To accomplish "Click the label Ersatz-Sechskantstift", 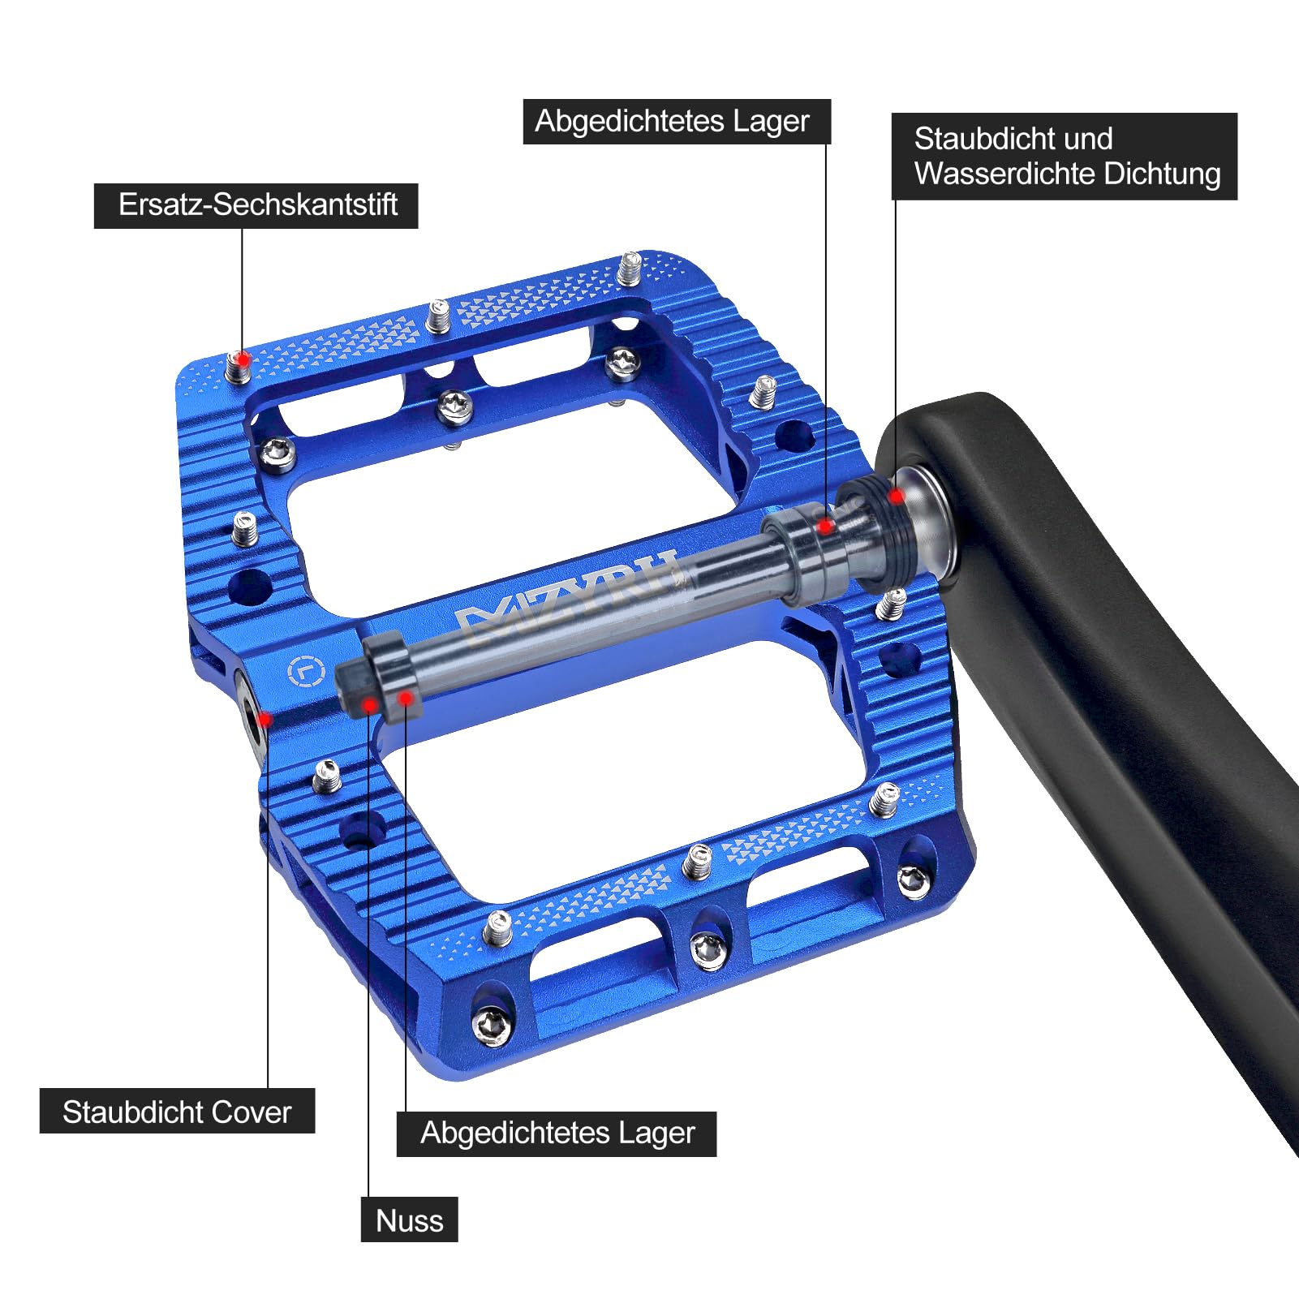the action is [256, 205].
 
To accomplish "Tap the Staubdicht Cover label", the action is [177, 1112].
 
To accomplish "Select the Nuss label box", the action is [409, 1219].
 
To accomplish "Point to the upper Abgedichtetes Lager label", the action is [677, 122].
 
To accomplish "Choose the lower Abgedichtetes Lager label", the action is [557, 1133].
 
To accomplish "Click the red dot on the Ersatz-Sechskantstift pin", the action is [242, 358].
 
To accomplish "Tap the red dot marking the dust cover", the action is [265, 719].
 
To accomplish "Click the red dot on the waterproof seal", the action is [896, 495].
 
